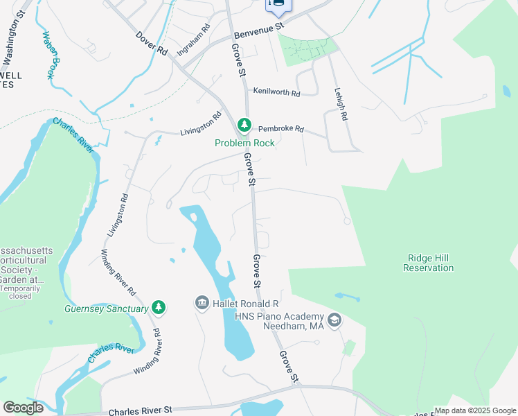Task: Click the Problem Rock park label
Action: coord(244,143)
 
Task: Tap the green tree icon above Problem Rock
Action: coord(244,125)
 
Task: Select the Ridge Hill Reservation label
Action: coord(428,263)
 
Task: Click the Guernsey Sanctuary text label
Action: coord(106,309)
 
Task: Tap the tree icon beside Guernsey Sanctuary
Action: coord(159,306)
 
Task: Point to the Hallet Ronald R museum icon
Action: coord(202,303)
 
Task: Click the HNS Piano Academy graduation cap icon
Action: coord(334,320)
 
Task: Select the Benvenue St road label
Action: coord(259,30)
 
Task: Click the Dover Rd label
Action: coord(152,43)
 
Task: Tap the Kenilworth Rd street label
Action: coord(276,92)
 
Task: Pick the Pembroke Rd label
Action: coord(280,129)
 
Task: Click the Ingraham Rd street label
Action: coord(193,41)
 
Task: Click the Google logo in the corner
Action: coord(23,407)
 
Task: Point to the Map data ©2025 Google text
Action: coord(475,410)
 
